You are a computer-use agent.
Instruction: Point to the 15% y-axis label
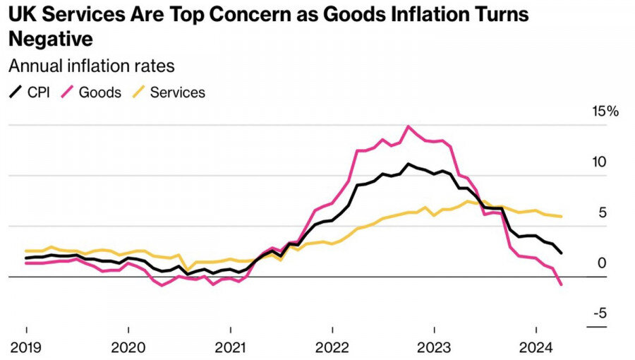[605, 112]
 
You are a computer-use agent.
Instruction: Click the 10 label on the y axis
[599, 162]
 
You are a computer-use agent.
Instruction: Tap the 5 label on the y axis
[602, 212]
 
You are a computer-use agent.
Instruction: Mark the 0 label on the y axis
[602, 263]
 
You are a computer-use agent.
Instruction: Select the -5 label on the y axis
[598, 314]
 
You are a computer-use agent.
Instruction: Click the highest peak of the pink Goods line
[408, 126]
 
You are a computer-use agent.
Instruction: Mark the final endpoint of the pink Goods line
[561, 285]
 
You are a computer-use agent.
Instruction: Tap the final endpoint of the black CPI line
[561, 253]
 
